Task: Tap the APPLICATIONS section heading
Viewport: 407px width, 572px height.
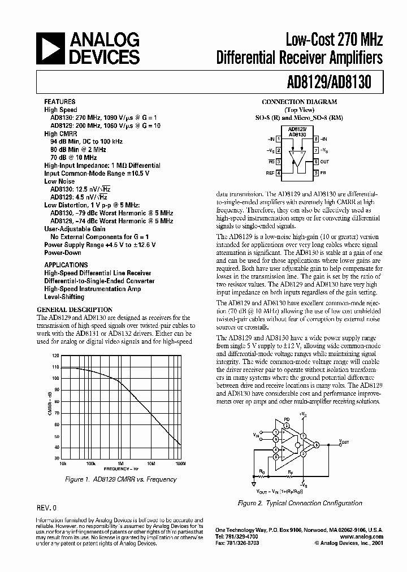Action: pyautogui.click(x=66, y=265)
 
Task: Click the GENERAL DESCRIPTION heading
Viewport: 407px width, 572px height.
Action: pyautogui.click(x=75, y=310)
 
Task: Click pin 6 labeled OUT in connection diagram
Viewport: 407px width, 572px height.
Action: pyautogui.click(x=315, y=162)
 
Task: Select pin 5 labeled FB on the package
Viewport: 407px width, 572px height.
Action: pyautogui.click(x=315, y=172)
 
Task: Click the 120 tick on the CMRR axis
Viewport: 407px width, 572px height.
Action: pyautogui.click(x=55, y=356)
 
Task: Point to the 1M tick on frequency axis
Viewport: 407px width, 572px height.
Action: pyautogui.click(x=120, y=463)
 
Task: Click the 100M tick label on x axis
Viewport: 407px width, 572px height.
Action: pyautogui.click(x=180, y=463)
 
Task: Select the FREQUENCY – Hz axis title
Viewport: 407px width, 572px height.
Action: pyautogui.click(x=122, y=469)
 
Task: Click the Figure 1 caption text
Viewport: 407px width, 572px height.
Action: pyautogui.click(x=121, y=479)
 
